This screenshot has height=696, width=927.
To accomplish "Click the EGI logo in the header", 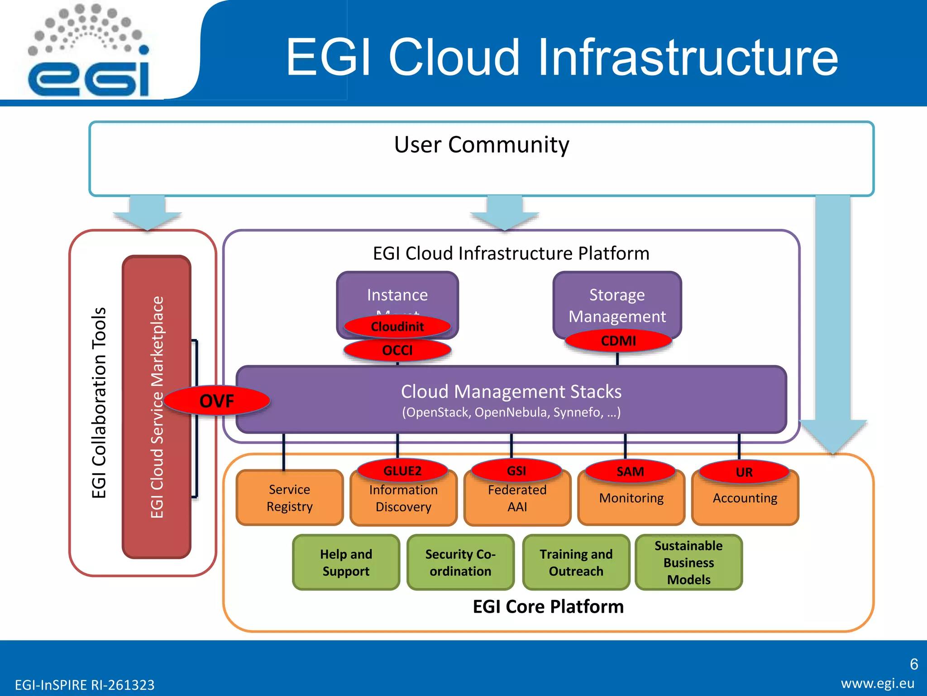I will click(89, 52).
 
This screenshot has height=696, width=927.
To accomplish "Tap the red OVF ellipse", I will click(217, 401).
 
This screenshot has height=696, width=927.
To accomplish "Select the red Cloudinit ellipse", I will click(397, 327).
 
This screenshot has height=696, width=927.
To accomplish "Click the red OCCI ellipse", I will click(397, 350).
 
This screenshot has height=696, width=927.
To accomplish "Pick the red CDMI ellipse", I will click(618, 341).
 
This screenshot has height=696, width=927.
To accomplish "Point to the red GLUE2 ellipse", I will click(402, 471).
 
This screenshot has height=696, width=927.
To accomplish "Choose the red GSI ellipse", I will click(516, 471).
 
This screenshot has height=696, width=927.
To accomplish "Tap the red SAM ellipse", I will click(630, 472).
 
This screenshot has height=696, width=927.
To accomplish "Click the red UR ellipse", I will click(744, 472).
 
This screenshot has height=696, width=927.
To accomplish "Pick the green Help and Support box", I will click(346, 562).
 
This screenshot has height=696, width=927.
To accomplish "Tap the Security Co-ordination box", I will click(460, 562).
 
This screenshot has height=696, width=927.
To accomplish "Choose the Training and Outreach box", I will click(576, 562).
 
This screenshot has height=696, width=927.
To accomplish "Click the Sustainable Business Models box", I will click(688, 562).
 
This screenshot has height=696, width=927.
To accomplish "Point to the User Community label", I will click(482, 145).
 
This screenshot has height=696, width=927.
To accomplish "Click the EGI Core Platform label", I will click(548, 607).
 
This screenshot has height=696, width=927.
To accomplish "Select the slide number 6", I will click(913, 664).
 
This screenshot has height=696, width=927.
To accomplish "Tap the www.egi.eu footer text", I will click(877, 683).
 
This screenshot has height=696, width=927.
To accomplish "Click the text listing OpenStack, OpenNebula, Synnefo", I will click(511, 413).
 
